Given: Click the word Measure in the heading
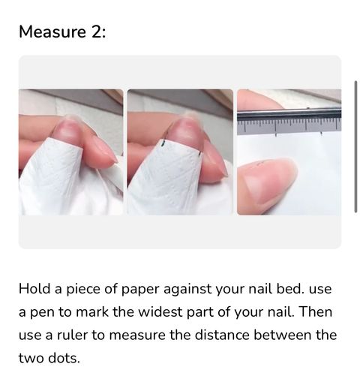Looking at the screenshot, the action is [52, 32].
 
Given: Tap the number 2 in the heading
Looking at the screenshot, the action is [96, 32].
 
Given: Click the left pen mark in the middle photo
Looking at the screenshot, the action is [162, 143].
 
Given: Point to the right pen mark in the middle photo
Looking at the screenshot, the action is [199, 155].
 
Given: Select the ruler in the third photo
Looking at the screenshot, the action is [289, 121].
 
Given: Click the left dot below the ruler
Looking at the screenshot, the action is [276, 135].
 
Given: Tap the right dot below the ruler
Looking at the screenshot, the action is [321, 134].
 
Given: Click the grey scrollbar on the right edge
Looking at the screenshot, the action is [355, 146].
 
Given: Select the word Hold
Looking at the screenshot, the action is [34, 289].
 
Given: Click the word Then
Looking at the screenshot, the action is [315, 312].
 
